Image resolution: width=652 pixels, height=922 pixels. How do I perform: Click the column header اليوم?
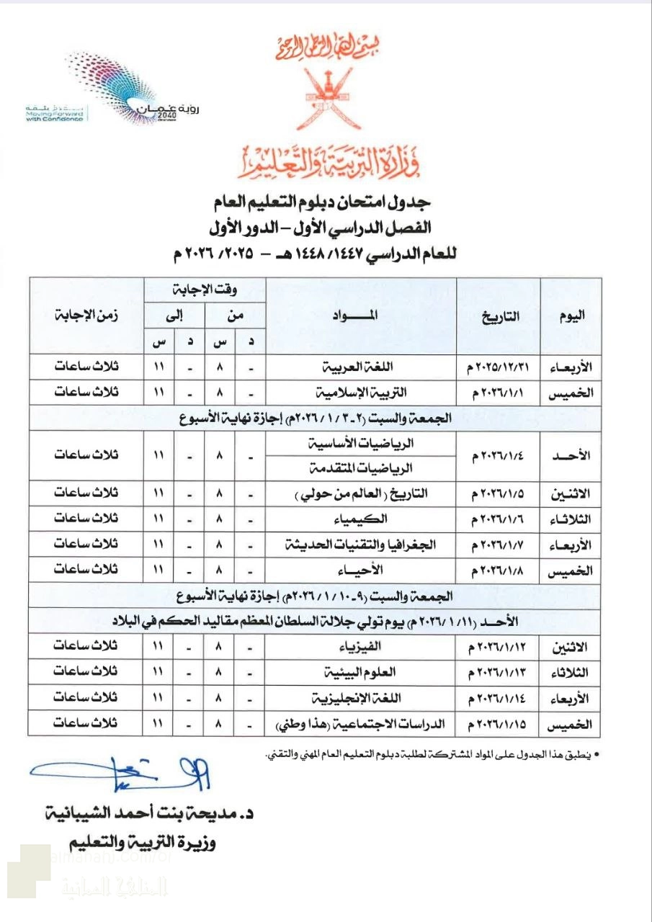coord(572,315)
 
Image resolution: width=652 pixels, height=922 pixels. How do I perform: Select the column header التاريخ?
coord(498,315)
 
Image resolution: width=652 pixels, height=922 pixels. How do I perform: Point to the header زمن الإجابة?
coord(86,315)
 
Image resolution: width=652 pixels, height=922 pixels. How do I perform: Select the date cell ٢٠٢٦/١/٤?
coord(498,457)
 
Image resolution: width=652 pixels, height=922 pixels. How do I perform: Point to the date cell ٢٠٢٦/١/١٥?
coord(498,724)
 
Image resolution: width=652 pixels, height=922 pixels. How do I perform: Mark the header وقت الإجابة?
coord(204,290)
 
